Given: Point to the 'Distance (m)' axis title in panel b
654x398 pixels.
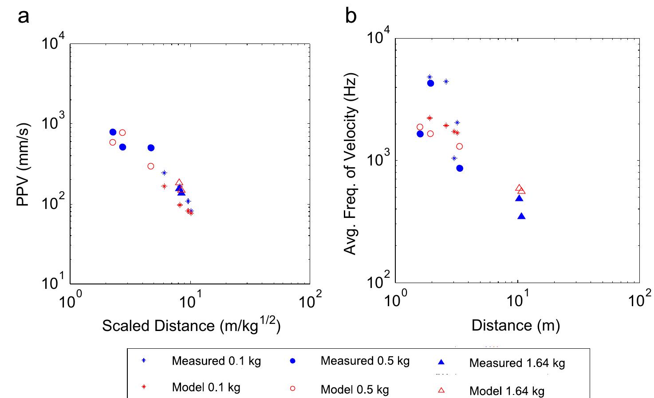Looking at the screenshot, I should [516, 325].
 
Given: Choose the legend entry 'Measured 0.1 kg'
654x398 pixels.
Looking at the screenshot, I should [216, 361].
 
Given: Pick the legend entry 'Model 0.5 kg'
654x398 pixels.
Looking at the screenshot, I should [355, 390].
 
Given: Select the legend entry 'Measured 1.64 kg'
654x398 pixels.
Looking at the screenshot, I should [517, 363].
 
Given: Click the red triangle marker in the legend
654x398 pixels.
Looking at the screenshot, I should [441, 390].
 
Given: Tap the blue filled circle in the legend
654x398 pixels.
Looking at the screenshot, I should [292, 362].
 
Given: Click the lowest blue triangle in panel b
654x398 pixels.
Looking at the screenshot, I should [522, 216].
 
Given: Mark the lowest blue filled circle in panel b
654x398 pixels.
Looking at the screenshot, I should [460, 168].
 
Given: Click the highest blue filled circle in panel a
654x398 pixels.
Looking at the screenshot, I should [113, 132].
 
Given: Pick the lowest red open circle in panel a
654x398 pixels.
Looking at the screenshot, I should [150, 166].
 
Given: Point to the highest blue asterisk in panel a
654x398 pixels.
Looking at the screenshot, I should [164, 173].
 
